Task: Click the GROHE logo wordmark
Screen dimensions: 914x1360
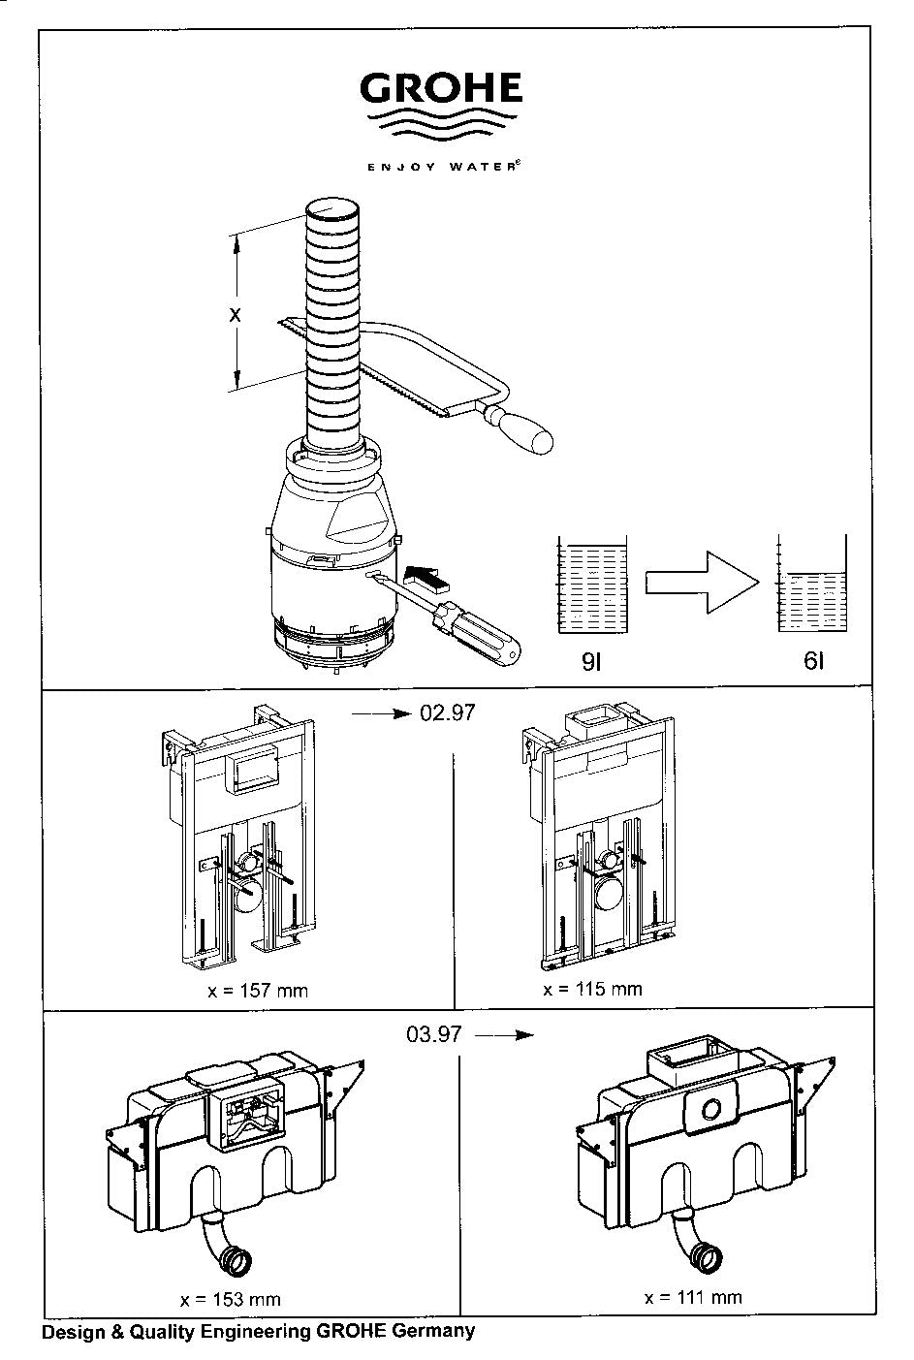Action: pos(441,87)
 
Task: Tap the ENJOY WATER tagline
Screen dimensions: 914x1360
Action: pos(444,166)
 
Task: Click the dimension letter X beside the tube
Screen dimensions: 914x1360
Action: pos(235,314)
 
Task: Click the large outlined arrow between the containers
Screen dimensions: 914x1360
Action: pos(702,583)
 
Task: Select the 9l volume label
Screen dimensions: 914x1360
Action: pos(591,662)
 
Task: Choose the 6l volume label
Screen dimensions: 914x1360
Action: pos(814,660)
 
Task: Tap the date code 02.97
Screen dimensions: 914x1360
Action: pos(447,712)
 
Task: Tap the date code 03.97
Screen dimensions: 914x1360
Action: pos(434,1034)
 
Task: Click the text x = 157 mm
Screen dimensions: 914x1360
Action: pos(258,992)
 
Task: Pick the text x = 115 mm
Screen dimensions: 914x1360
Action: pos(592,989)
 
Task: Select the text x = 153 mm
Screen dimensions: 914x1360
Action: pos(231,1299)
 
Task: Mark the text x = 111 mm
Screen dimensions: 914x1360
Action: pos(693,1297)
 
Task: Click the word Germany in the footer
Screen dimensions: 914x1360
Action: pos(433,1331)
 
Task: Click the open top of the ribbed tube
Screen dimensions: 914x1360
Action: pos(331,210)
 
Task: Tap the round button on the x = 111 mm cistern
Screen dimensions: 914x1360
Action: pos(710,1109)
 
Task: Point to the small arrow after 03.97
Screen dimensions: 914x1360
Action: pos(504,1034)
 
